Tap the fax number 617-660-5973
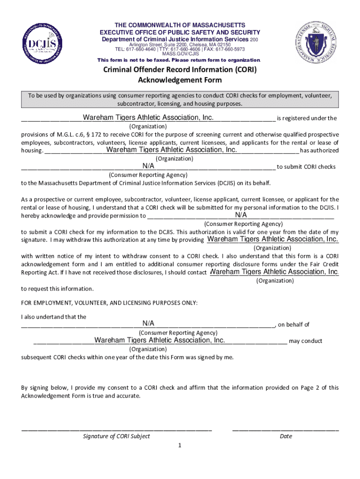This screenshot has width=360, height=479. click(x=228, y=49)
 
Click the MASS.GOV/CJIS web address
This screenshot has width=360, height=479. click(x=180, y=54)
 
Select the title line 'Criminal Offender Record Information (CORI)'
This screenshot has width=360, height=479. click(x=180, y=70)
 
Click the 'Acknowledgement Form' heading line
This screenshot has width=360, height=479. click(x=180, y=80)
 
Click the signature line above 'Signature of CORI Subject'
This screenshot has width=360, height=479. click(x=116, y=429)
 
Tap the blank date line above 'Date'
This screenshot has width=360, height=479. click(x=285, y=429)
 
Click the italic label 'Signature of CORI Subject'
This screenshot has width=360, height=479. click(x=116, y=436)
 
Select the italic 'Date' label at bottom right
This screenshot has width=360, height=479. click(x=286, y=436)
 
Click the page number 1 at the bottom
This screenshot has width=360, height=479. click(x=180, y=445)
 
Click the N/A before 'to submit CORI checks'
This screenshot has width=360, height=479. click(x=148, y=166)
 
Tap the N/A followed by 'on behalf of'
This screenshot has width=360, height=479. click(x=148, y=324)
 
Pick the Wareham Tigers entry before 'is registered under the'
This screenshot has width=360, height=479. click(x=148, y=117)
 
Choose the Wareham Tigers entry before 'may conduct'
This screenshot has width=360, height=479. click(x=159, y=340)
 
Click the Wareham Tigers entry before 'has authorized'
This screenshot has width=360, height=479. click(x=172, y=150)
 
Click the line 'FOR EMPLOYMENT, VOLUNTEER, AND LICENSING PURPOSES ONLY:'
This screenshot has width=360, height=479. click(x=109, y=303)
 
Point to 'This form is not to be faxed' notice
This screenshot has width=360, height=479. click(x=179, y=60)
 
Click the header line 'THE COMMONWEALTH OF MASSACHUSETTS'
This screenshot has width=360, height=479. click(x=180, y=25)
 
